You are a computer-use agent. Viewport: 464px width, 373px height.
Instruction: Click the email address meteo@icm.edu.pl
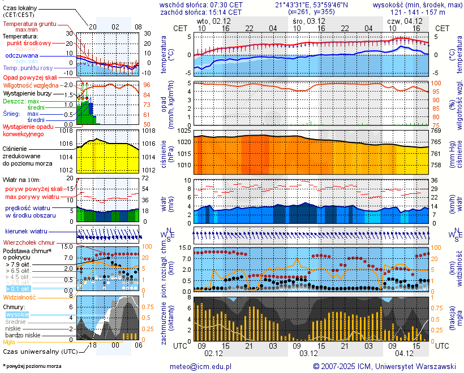pos(201,366)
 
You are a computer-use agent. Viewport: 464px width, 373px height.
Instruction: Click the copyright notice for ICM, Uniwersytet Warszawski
pos(384,366)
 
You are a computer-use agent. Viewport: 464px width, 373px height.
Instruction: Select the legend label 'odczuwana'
pos(22,56)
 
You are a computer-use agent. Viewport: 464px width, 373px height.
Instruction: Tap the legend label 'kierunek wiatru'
pos(26,232)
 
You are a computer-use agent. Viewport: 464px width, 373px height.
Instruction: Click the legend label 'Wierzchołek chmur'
pos(28,242)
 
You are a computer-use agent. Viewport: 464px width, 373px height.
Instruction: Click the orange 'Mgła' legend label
pos(9,342)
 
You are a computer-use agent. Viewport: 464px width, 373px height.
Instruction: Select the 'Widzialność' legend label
pos(20,297)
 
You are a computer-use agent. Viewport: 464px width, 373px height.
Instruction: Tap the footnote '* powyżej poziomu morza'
pos(32,366)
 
